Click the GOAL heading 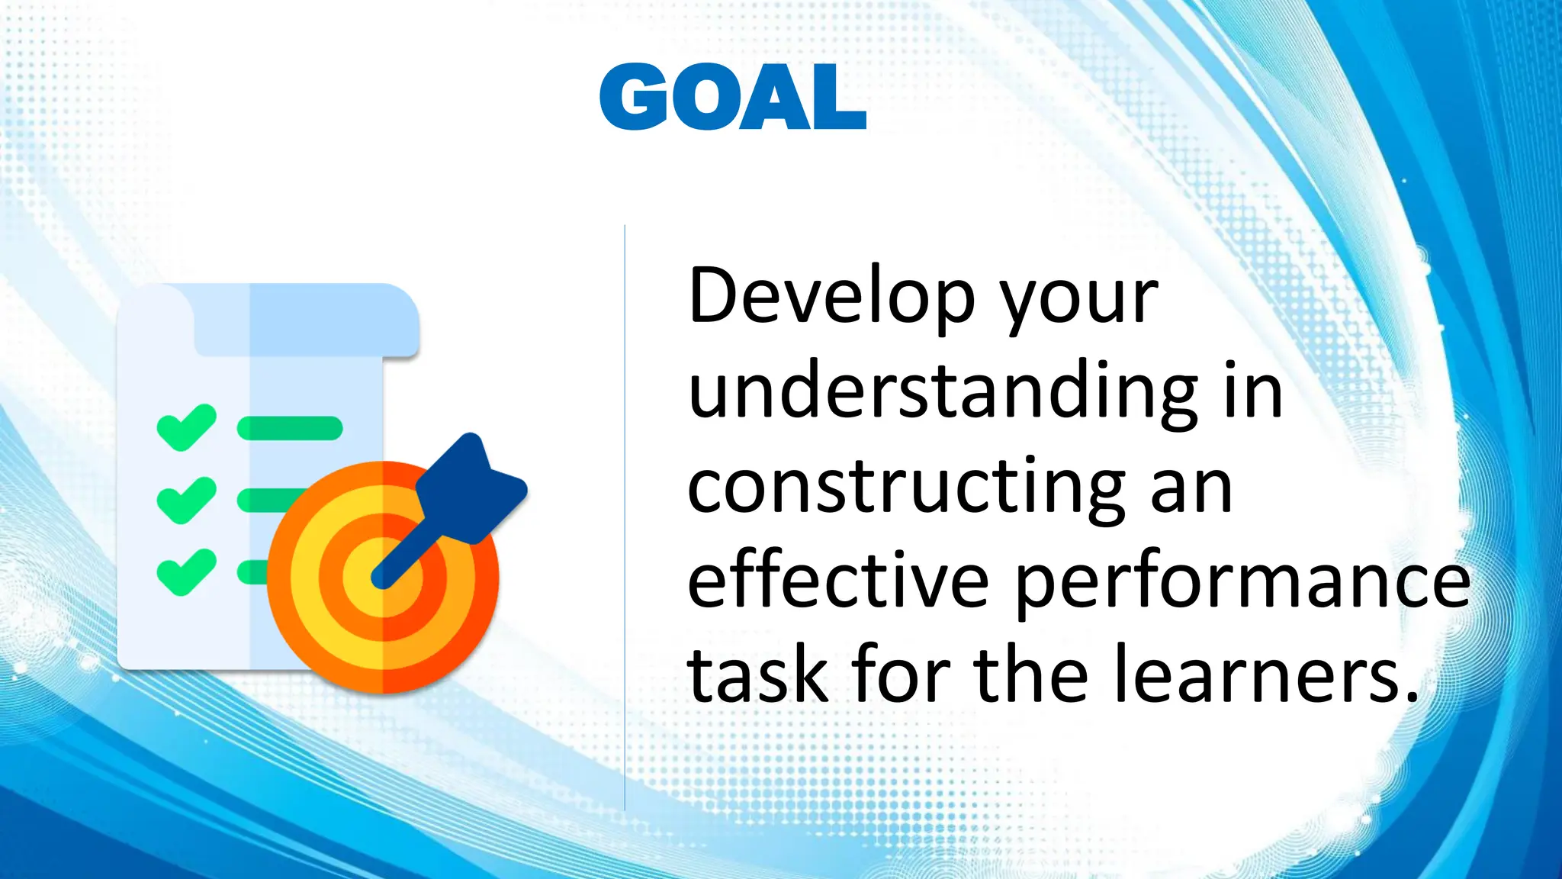[x=732, y=97]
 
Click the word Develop [x=831, y=298]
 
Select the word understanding [x=943, y=393]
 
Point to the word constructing [x=906, y=488]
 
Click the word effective [x=837, y=581]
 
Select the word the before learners [x=1030, y=675]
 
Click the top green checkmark [x=186, y=427]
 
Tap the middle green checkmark [x=186, y=500]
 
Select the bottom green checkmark [x=186, y=572]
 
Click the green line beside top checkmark [x=290, y=428]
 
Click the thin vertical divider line [x=625, y=519]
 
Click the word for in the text [x=901, y=675]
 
